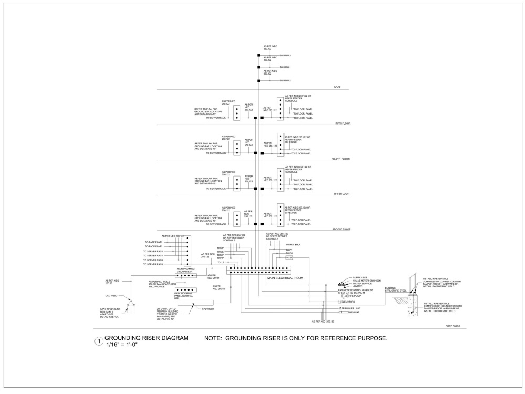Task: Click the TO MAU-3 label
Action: click(285, 55)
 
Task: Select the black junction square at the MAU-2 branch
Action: click(259, 81)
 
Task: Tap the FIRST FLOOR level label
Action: click(453, 326)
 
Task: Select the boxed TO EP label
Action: click(289, 258)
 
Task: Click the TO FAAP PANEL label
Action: click(154, 242)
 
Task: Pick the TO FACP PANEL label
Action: click(154, 246)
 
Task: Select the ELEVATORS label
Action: click(351, 302)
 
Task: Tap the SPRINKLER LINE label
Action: click(353, 308)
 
